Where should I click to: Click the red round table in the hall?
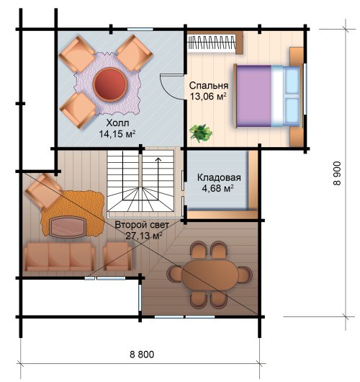pos(110,84)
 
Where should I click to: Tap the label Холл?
pos(117,123)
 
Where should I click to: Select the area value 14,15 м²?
pos(117,134)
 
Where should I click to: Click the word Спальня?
pos(209,86)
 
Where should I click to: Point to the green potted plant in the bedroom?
pos(201,133)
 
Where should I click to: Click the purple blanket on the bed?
pos(254,96)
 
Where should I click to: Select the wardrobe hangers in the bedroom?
pos(212,42)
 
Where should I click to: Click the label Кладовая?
pos(219,177)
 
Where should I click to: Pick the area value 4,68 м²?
pos(218,188)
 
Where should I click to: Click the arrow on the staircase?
pos(158,179)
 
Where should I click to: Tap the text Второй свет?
pos(142,225)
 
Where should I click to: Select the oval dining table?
pos(210,275)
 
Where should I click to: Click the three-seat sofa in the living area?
pos(59,257)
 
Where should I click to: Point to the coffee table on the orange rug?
pos(68,227)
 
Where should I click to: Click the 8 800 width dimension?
pos(142,354)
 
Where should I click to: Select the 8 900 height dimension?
pos(338,173)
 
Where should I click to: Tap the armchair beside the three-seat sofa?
pos(118,257)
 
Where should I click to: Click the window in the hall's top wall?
pos(140,30)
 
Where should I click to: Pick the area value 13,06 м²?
pos(208,97)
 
